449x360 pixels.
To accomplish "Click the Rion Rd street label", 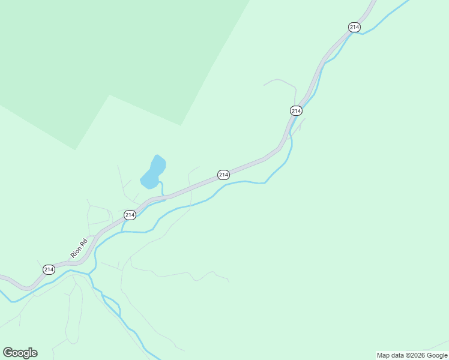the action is [x=79, y=248].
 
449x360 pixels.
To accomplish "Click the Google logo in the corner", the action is [x=20, y=353].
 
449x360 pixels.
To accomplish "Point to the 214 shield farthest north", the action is [x=354, y=27].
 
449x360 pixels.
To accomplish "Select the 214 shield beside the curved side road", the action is [x=296, y=110].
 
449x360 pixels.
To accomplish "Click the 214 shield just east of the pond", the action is [x=223, y=175].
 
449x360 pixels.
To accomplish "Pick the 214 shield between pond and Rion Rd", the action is [x=130, y=215].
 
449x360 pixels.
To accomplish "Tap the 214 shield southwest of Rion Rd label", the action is [x=49, y=269].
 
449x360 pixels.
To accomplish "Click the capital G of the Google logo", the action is [x=8, y=353].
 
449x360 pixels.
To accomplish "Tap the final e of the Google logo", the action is [x=34, y=353].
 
